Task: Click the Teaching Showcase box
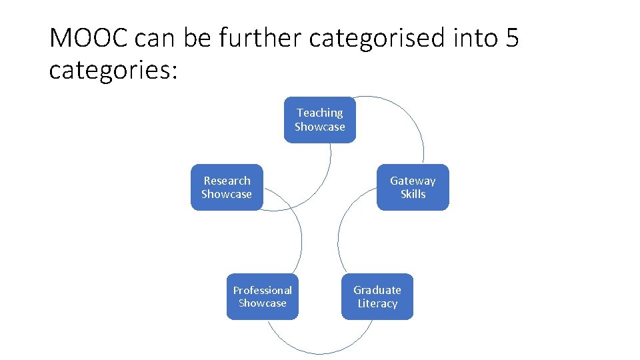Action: pos(320,120)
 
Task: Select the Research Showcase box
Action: pos(227,187)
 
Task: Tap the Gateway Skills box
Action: pos(413,187)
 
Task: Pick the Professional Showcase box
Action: pos(262,297)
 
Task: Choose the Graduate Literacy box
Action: pos(377,297)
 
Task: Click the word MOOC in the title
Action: pos(89,39)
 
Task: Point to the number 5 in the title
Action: pos(511,39)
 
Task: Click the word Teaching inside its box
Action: pos(320,113)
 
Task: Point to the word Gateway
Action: pos(413,181)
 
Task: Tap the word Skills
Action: pos(413,194)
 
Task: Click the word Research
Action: pos(227,181)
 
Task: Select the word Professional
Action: pos(262,290)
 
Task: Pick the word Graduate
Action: pos(377,290)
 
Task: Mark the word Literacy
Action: pos(377,303)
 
